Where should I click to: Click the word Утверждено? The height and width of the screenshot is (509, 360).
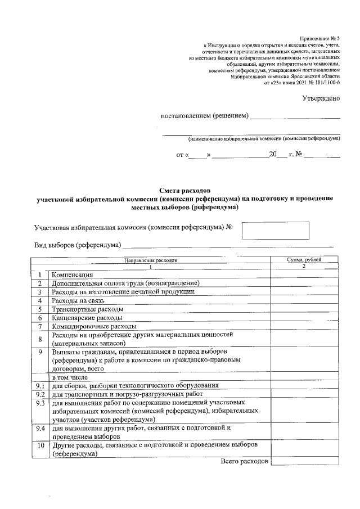(321, 98)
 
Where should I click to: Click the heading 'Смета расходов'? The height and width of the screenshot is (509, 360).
(184, 191)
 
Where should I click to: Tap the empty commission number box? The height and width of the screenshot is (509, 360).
(275, 230)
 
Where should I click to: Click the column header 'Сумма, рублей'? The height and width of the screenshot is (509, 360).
(304, 260)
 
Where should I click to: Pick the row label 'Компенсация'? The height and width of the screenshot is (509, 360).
(72, 274)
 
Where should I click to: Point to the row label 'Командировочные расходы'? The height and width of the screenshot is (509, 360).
(93, 326)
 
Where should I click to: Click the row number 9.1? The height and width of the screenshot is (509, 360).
(39, 385)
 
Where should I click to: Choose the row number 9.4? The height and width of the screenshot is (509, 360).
(39, 428)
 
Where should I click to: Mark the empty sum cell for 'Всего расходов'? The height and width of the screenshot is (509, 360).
(304, 461)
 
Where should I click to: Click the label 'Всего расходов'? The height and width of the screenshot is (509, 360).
(244, 461)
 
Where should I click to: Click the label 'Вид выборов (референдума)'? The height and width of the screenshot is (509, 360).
(78, 245)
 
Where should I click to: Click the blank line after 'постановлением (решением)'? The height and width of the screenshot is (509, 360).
(295, 116)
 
